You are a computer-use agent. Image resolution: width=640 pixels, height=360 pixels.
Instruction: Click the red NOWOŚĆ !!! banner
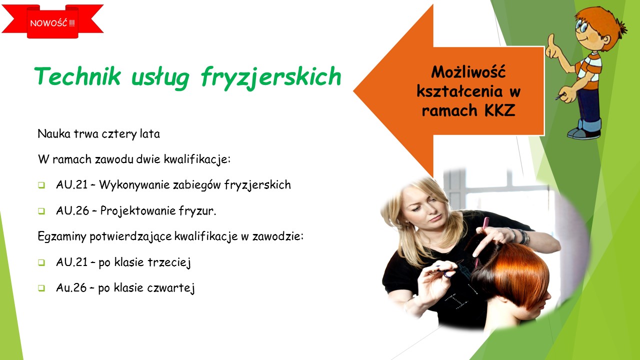[52, 21]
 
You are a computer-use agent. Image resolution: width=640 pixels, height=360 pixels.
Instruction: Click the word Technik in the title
[77, 76]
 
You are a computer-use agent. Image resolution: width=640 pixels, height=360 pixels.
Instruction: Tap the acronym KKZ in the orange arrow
[499, 110]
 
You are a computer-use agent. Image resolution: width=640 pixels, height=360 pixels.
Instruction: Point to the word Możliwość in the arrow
[468, 72]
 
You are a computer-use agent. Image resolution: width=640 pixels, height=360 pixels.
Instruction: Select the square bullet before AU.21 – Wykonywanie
[41, 185]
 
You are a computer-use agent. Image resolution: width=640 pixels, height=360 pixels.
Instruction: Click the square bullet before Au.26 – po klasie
[41, 288]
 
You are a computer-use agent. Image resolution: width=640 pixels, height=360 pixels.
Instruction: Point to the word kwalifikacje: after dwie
[197, 159]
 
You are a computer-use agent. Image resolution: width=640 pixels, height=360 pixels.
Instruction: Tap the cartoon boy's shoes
[584, 133]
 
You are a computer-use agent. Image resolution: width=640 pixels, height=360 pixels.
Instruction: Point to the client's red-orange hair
[514, 271]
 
